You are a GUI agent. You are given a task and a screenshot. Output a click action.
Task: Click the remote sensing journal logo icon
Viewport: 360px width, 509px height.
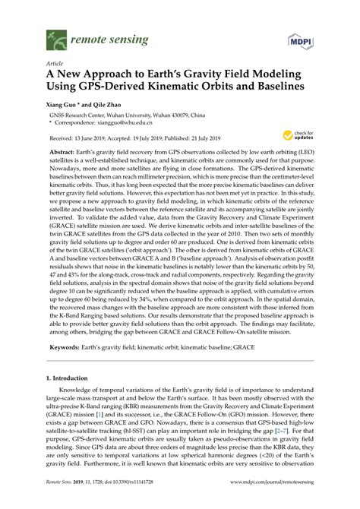pos(55,36)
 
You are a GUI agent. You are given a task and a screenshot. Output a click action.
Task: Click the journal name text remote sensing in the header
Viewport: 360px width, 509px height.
pos(105,36)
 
